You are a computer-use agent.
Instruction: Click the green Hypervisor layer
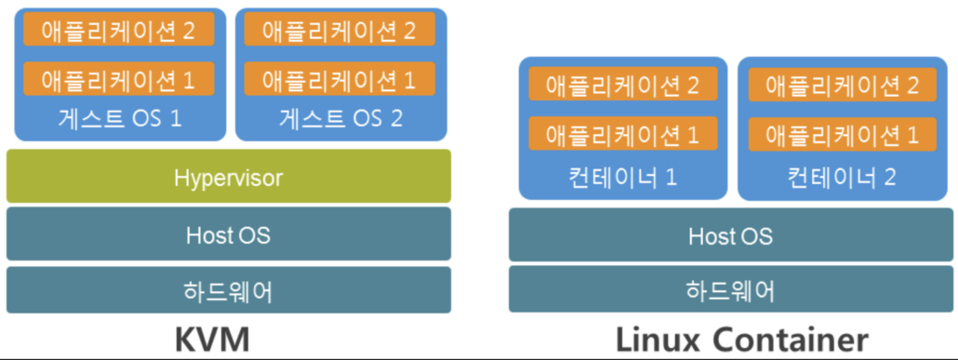click(x=228, y=177)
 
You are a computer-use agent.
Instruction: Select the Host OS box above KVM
click(x=228, y=234)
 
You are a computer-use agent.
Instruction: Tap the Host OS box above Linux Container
click(x=730, y=236)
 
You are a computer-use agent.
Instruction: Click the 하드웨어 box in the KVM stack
click(x=228, y=290)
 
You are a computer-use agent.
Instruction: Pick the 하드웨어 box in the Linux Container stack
click(x=730, y=290)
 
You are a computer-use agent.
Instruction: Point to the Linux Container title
click(x=741, y=339)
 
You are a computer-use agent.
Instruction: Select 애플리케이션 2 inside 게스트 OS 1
click(x=118, y=30)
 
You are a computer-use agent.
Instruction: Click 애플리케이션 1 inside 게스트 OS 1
click(x=118, y=79)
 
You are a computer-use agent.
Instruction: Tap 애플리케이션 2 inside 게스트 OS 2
click(x=339, y=30)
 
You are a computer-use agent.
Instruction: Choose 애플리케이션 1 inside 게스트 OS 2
click(x=339, y=79)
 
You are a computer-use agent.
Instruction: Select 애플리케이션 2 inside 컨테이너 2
click(x=843, y=86)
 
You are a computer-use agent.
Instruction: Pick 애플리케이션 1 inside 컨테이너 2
click(x=843, y=134)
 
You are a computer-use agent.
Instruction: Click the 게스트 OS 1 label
click(x=118, y=118)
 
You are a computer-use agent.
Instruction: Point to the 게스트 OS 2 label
click(x=339, y=118)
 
